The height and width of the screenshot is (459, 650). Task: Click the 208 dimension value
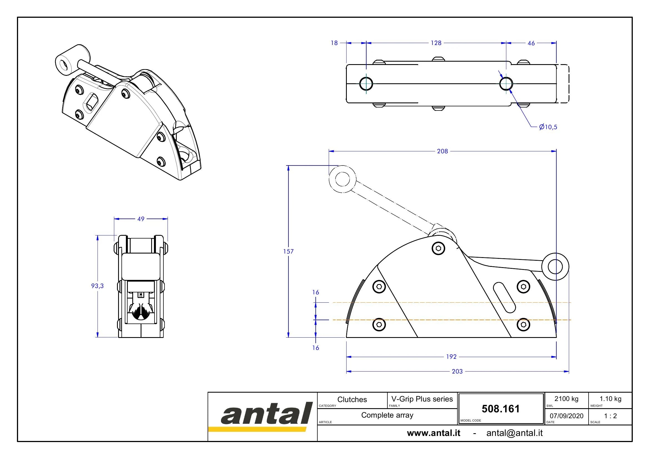pos(442,151)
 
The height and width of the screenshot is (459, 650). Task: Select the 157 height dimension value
pos(288,251)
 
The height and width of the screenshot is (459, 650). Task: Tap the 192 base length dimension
pos(451,357)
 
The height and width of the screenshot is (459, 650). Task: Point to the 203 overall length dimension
pos(457,371)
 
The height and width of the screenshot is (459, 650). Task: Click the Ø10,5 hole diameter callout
pos(548,127)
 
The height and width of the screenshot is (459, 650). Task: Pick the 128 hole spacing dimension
pos(436,43)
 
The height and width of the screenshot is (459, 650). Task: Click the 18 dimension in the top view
pos(334,43)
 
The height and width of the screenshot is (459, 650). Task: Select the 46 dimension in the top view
pos(531,43)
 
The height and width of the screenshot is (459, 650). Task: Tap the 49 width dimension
pos(141,219)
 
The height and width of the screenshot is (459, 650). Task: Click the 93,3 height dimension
pos(97,286)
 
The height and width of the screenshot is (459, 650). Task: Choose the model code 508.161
pos(500,409)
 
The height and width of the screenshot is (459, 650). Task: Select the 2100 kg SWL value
pos(566,399)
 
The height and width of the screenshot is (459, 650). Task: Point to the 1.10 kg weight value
pos(610,399)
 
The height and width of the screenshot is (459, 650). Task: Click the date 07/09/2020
pos(566,416)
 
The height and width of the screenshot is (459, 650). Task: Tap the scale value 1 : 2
pos(610,416)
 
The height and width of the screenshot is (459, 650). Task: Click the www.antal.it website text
pos(434,433)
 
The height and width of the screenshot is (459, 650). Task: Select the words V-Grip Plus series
pos(422,399)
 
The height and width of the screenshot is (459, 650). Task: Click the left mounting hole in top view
pos(366,84)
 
